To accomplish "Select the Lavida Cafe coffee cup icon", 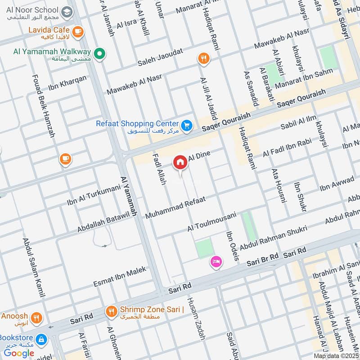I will point(78,31).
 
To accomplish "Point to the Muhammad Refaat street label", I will point(175,207).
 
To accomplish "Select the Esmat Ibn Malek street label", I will point(119,277).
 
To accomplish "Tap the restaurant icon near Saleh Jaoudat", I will point(203,58).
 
